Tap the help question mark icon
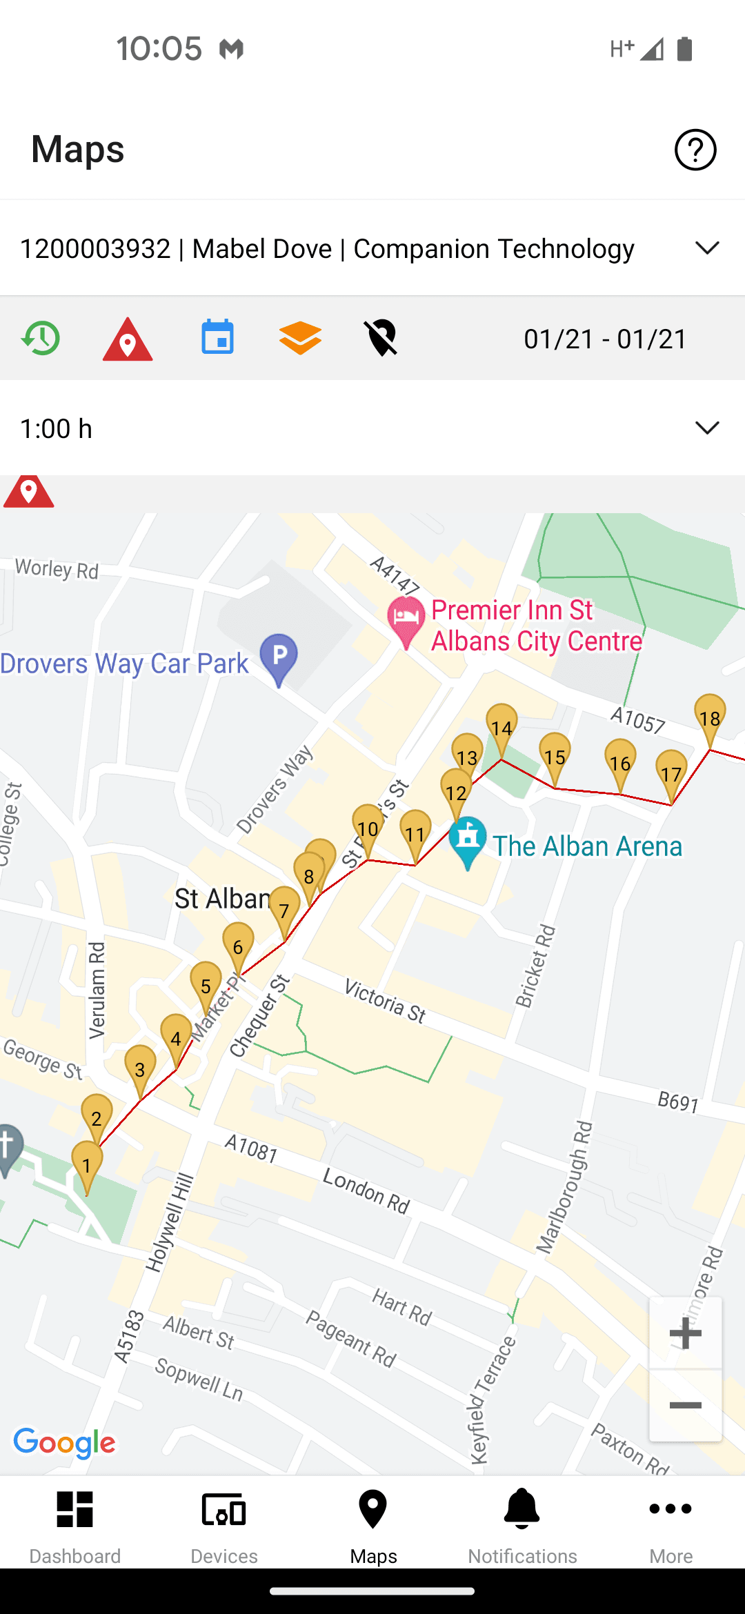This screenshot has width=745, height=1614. pyautogui.click(x=695, y=150)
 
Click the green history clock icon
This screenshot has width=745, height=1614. pyautogui.click(x=41, y=338)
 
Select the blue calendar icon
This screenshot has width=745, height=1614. pyautogui.click(x=217, y=337)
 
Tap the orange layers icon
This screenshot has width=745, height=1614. pyautogui.click(x=300, y=338)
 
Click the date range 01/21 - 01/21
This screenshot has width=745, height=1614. pyautogui.click(x=605, y=339)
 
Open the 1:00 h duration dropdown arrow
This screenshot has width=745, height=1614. pyautogui.click(x=707, y=428)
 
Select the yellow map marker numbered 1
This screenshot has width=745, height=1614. pyautogui.click(x=87, y=1164)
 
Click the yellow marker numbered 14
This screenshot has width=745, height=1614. pyautogui.click(x=501, y=728)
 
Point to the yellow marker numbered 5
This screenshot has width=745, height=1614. pyautogui.click(x=206, y=986)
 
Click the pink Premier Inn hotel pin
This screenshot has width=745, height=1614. pyautogui.click(x=406, y=619)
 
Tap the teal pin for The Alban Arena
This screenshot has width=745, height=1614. pyautogui.click(x=468, y=839)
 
